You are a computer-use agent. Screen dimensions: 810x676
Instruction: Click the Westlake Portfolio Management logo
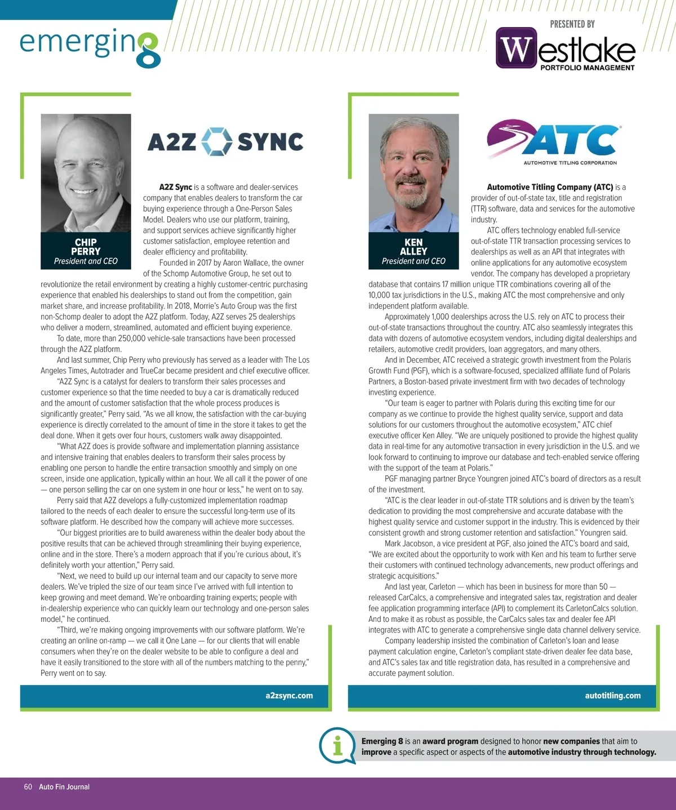tap(566, 50)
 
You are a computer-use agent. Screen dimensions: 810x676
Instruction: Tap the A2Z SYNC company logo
tap(225, 141)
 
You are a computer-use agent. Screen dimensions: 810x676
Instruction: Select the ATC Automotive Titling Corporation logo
tap(554, 144)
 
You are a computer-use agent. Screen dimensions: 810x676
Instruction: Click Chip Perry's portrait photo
tap(86, 172)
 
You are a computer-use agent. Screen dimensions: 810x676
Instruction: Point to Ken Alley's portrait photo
tap(413, 172)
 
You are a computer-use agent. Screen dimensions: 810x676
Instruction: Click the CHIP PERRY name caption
tap(86, 247)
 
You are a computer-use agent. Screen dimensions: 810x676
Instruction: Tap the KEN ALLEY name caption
tap(413, 247)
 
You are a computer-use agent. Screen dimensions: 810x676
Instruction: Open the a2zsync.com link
tap(289, 696)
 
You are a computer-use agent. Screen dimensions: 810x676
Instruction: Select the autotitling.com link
tap(612, 696)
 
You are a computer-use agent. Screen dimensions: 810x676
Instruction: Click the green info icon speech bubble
tap(337, 746)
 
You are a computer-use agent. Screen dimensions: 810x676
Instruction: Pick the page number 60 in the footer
tap(28, 787)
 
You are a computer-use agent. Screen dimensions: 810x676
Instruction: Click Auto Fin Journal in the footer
tap(64, 787)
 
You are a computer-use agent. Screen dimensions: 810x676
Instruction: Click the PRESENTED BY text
tap(572, 24)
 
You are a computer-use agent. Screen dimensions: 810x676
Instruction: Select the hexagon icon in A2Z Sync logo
tap(217, 141)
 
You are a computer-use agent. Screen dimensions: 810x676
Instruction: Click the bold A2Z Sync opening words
tap(175, 188)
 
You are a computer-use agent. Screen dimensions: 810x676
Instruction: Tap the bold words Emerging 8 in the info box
tap(382, 741)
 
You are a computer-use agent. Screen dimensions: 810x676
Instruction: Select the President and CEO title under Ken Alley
tap(413, 261)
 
